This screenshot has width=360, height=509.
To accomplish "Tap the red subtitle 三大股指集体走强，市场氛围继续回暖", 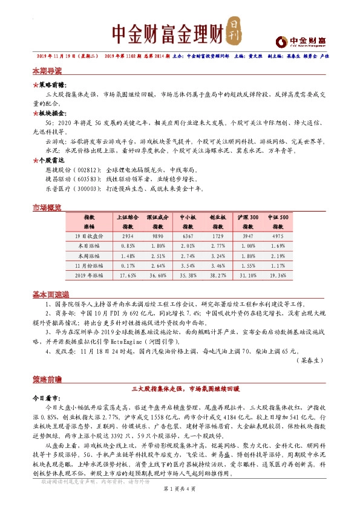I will coord(180,389).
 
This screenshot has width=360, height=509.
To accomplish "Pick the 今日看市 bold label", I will coord(46,400).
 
